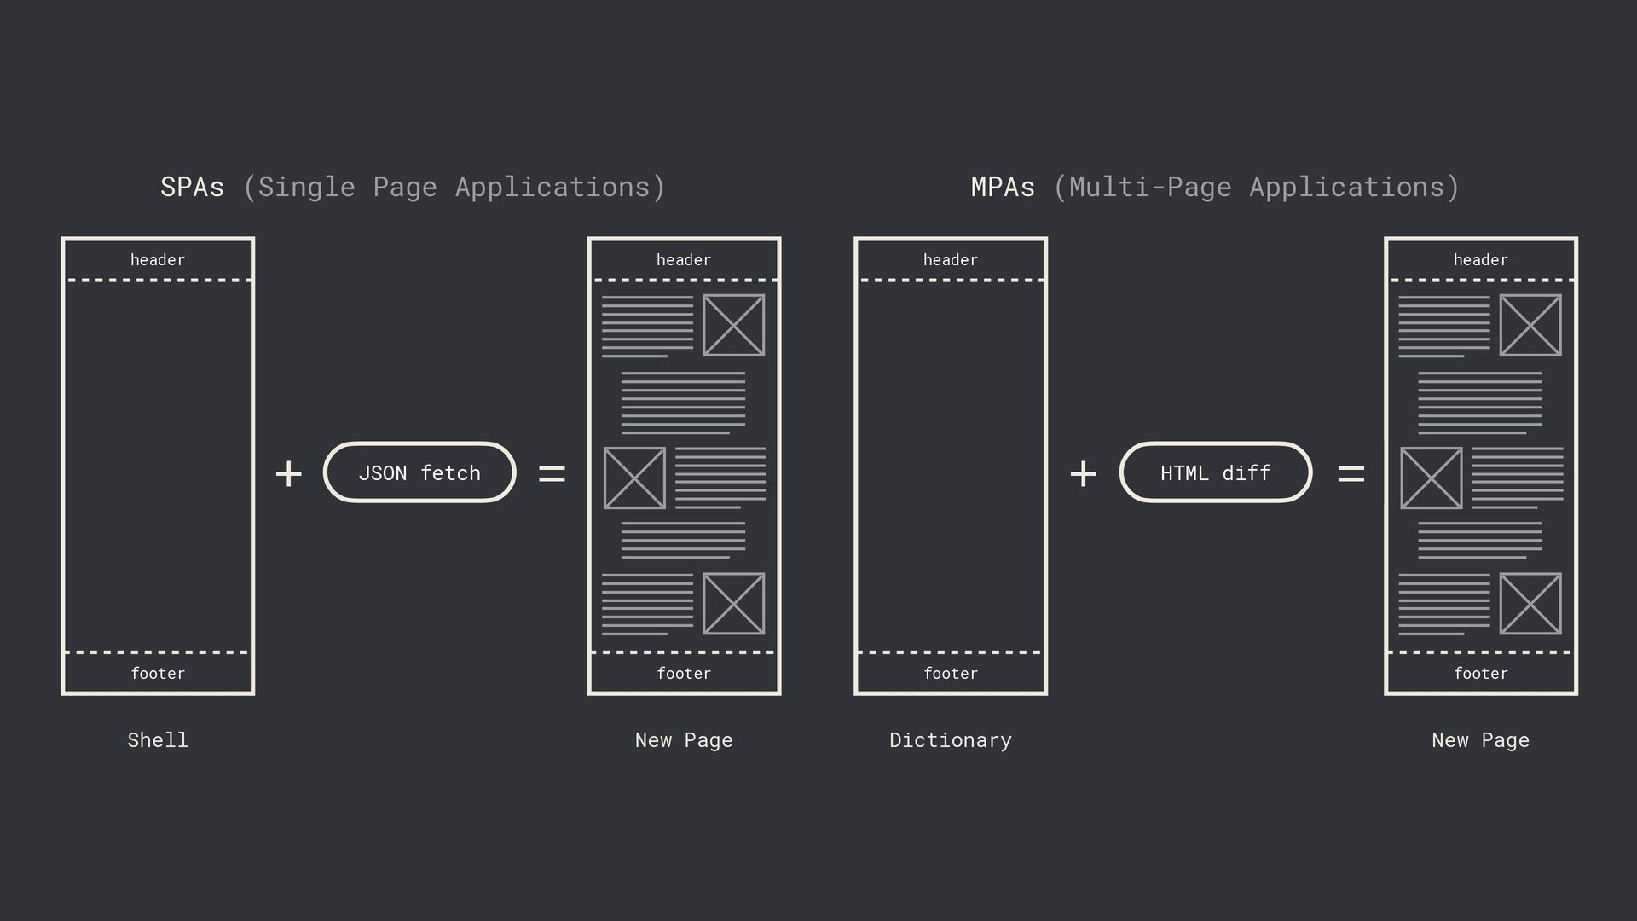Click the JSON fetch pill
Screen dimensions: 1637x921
click(419, 472)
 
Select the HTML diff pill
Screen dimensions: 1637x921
click(1215, 472)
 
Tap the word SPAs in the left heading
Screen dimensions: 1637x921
click(192, 187)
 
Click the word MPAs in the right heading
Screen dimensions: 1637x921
click(1003, 187)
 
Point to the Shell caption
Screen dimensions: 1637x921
click(158, 740)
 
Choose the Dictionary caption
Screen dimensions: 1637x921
click(951, 740)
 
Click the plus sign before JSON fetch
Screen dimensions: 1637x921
click(289, 473)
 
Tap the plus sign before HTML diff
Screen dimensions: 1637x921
click(1083, 473)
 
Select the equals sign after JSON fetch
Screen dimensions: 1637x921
click(552, 473)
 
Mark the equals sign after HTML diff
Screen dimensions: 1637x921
click(1351, 473)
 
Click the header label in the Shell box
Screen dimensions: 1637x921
click(158, 260)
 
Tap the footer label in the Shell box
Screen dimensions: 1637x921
click(158, 674)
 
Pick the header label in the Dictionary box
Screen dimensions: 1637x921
click(951, 260)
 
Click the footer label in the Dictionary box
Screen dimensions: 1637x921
click(951, 674)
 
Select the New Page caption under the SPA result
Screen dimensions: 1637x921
click(684, 740)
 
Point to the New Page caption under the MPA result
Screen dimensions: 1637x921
click(1480, 740)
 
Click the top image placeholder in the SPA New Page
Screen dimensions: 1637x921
click(733, 325)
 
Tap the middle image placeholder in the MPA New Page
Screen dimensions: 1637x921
click(1431, 478)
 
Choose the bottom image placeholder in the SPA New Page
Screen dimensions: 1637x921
click(733, 604)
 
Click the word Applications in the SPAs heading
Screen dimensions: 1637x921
click(552, 187)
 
